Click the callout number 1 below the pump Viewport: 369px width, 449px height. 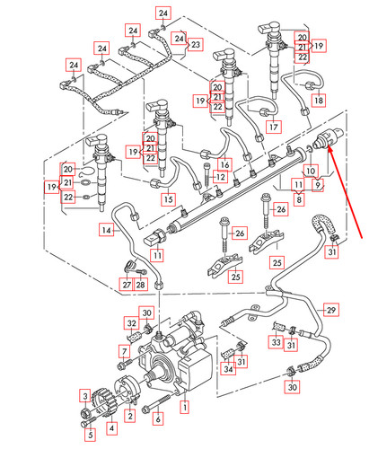pos(185,407)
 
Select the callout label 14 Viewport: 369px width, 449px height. pos(107,231)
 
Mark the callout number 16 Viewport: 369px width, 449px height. pos(224,164)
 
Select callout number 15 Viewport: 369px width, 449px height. pos(167,198)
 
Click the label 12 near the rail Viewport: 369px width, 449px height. pos(220,178)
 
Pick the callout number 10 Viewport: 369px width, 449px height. pos(311,170)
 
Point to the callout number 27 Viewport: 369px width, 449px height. pos(127,285)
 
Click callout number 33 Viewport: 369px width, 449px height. pos(276,342)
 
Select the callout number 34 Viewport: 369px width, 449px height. pos(228,368)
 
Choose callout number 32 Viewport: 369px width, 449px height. pos(131,323)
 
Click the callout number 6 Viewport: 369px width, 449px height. pos(158,418)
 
